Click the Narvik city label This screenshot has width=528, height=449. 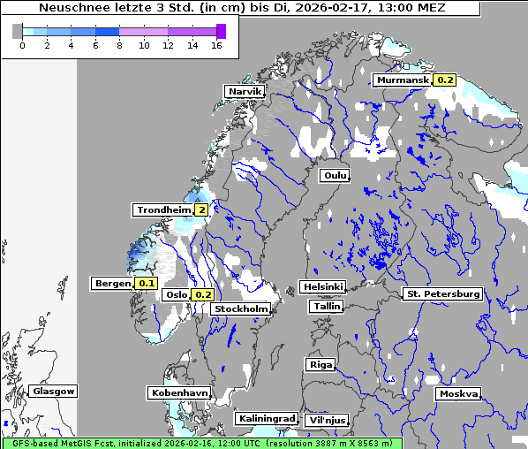click(245, 92)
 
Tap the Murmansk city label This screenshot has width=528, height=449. click(403, 80)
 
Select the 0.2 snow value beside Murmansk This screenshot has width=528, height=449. click(445, 80)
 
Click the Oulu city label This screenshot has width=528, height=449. click(335, 175)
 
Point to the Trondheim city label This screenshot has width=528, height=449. click(163, 209)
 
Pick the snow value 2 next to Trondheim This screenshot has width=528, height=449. click(202, 209)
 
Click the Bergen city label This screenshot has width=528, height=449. click(112, 284)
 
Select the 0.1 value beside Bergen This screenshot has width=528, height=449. click(146, 284)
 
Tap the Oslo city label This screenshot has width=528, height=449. click(177, 294)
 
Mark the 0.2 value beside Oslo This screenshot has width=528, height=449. click(204, 294)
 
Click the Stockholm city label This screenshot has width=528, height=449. click(241, 308)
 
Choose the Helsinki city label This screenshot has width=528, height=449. click(322, 286)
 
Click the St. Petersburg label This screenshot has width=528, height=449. click(441, 293)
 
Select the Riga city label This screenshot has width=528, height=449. click(320, 364)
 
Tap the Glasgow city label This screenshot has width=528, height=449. click(54, 391)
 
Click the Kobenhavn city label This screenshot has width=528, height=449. click(179, 392)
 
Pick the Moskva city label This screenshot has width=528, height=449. click(459, 393)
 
